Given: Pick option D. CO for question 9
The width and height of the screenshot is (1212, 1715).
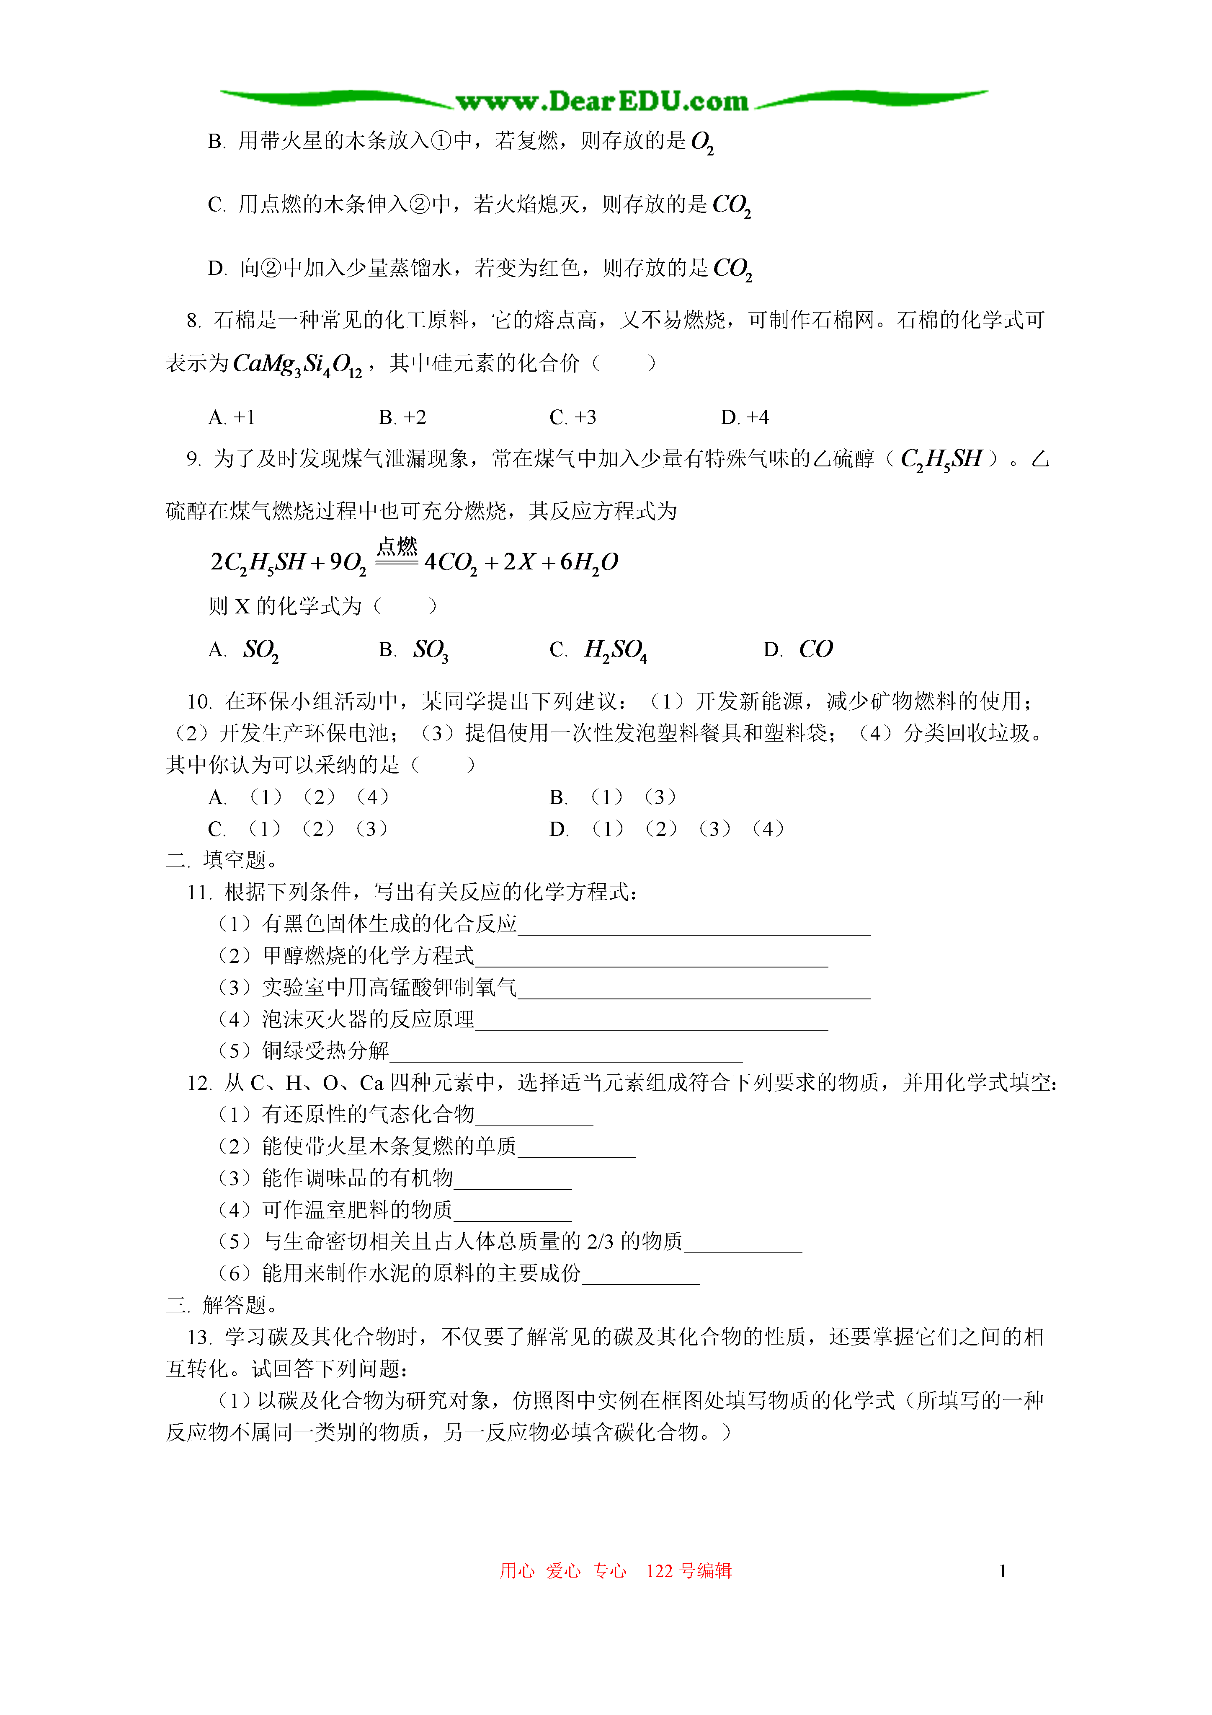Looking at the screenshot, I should (797, 649).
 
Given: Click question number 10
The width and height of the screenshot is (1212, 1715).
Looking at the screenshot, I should (199, 701).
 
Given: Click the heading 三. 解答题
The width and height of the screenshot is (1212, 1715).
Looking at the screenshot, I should (222, 1305).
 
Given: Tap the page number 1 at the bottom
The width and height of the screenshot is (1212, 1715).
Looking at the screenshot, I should (1002, 1571).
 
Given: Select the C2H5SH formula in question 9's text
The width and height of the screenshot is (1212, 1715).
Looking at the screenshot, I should (941, 459).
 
